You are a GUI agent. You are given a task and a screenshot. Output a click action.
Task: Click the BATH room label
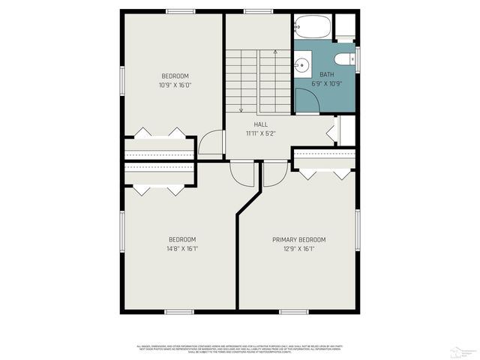(x=327, y=74)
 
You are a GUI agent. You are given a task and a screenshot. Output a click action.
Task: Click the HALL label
(x=260, y=124)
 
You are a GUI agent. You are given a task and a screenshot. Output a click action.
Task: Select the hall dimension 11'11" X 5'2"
(x=260, y=133)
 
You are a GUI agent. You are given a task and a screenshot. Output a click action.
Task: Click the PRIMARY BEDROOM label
(x=298, y=240)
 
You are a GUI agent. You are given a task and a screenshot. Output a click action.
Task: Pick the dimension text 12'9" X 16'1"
(x=298, y=248)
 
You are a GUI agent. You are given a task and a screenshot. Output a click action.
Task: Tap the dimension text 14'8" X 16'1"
(x=182, y=248)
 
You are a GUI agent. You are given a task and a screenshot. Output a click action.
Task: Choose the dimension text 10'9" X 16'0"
(x=175, y=85)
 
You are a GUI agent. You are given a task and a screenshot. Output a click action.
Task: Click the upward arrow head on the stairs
(x=276, y=52)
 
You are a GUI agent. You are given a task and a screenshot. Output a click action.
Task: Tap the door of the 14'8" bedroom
(x=242, y=174)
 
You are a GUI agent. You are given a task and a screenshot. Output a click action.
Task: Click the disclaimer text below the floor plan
(x=239, y=348)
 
